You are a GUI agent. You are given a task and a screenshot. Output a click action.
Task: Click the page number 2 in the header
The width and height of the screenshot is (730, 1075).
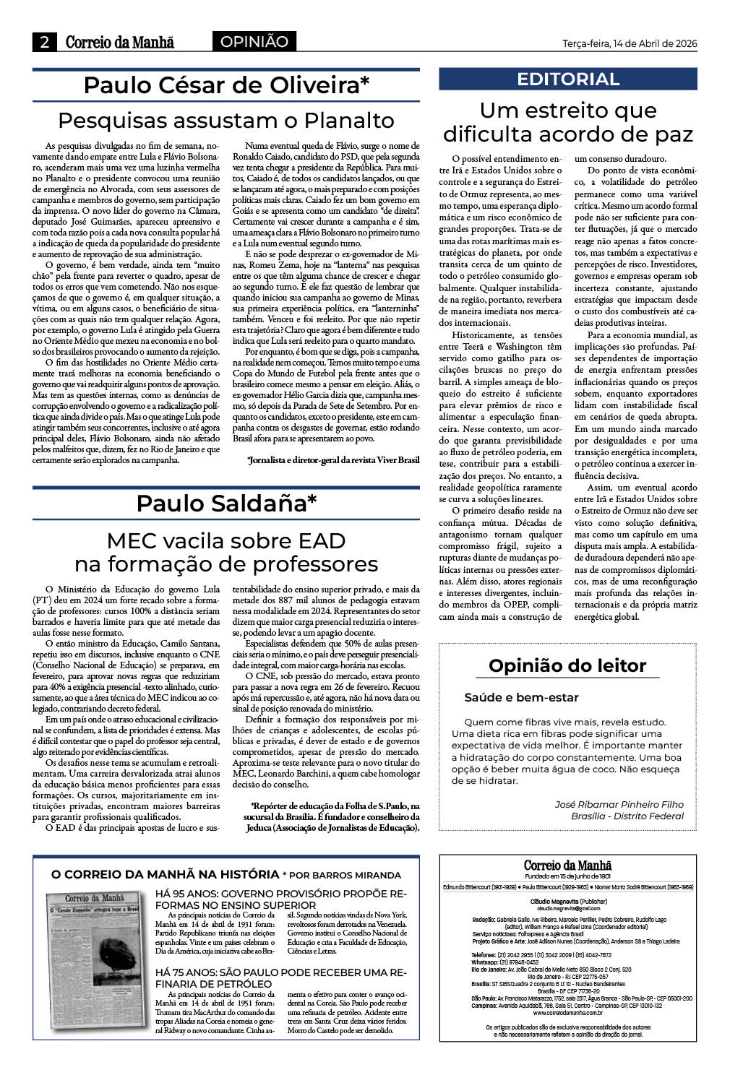[45, 43]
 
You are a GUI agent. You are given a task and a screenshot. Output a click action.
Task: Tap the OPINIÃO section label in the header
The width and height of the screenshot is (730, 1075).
[254, 42]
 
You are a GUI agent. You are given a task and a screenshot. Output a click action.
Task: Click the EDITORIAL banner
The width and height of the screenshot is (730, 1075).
[568, 79]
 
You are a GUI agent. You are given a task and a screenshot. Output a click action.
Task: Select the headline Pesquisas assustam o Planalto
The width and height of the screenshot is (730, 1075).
[226, 120]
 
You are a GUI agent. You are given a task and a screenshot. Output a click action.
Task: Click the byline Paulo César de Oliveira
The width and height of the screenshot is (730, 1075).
[226, 85]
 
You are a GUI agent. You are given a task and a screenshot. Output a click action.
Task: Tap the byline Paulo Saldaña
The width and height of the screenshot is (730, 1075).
[226, 504]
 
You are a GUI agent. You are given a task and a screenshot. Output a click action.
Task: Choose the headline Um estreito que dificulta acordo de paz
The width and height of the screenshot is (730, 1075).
[568, 122]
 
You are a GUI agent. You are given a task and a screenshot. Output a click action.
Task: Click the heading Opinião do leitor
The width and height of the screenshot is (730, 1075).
[567, 665]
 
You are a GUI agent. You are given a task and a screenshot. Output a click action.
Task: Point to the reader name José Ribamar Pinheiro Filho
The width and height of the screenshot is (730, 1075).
[619, 804]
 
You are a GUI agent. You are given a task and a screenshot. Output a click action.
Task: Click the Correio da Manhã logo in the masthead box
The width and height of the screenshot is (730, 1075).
[568, 865]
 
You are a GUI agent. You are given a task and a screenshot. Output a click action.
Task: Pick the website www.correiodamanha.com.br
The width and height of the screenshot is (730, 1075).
[568, 1013]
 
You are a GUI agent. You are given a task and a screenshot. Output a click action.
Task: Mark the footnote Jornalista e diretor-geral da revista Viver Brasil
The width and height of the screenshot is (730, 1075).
[332, 460]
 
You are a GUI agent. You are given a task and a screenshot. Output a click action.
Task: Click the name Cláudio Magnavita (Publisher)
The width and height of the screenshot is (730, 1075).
[568, 902]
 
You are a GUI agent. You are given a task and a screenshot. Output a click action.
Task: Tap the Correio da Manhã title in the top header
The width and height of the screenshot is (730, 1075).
[120, 43]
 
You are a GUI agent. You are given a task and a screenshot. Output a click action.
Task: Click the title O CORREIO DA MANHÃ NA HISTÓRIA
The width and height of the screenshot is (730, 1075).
[166, 874]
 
